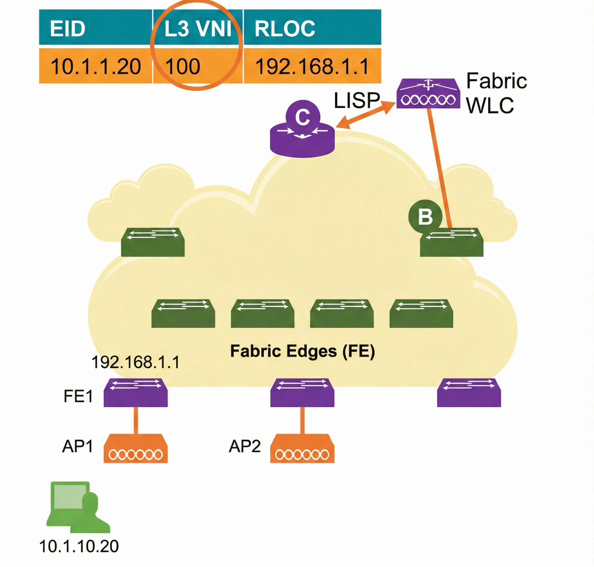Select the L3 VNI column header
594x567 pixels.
[x=198, y=28]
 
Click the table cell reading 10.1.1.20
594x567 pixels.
[x=96, y=66]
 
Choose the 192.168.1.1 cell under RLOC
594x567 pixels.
[x=312, y=66]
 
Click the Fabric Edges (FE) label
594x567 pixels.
[x=302, y=351]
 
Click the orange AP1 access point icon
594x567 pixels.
[x=136, y=449]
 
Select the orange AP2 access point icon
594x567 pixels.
[x=302, y=449]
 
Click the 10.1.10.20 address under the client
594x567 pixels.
[x=79, y=546]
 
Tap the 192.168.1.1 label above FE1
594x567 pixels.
[x=136, y=362]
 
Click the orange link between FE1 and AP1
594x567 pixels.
[x=136, y=420]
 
